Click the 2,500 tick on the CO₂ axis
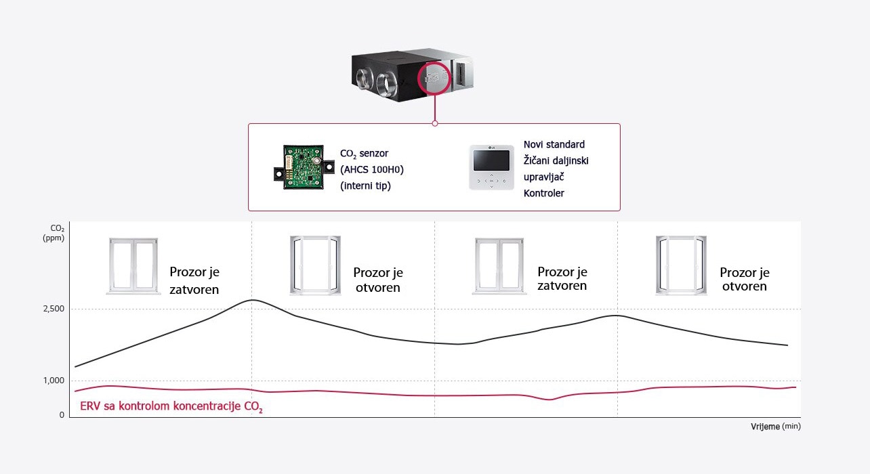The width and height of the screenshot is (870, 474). (53, 309)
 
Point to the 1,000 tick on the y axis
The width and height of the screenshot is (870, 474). (53, 381)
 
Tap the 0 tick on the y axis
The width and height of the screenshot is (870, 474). (62, 415)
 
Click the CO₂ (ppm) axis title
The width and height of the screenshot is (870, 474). (53, 234)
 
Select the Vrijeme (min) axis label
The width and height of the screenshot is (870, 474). (775, 427)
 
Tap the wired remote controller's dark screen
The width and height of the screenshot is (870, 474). (491, 160)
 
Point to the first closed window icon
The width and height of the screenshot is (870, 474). (133, 266)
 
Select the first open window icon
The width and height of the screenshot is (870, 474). (315, 265)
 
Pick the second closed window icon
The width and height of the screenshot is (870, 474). (499, 266)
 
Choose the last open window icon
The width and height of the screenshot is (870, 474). (681, 265)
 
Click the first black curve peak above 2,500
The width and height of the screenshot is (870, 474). (252, 300)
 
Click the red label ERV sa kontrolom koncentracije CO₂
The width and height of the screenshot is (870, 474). (171, 408)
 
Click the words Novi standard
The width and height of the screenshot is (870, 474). (554, 144)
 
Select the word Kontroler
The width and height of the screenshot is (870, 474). (543, 193)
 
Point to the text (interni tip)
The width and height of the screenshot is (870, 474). (365, 186)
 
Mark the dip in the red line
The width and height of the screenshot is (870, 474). (549, 400)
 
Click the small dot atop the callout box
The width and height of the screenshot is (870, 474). (434, 123)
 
